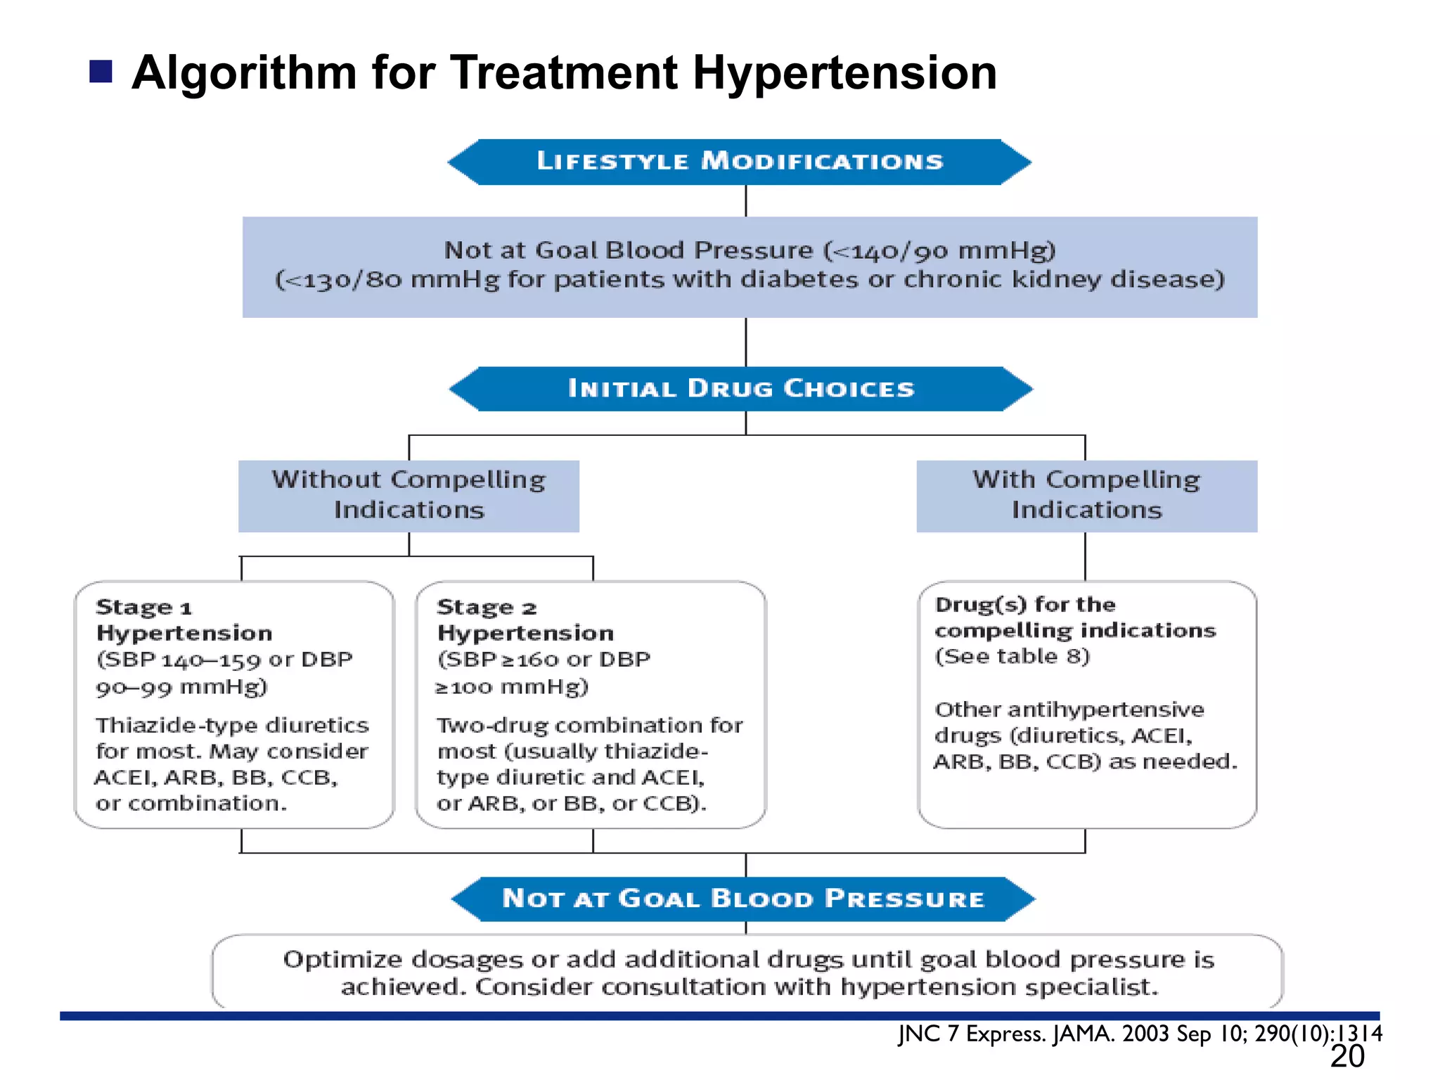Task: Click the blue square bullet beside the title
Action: [101, 72]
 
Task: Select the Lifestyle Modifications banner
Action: [740, 162]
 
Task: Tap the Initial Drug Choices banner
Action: [741, 389]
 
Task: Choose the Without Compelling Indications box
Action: [409, 495]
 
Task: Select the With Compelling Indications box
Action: [1086, 495]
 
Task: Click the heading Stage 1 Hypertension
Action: [184, 619]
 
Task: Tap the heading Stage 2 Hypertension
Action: [525, 619]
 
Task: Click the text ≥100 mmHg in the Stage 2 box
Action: [512, 687]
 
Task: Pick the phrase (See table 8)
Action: [1012, 657]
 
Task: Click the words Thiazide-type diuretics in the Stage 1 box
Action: [232, 725]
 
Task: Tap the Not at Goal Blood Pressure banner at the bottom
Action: [742, 899]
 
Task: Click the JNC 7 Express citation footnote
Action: [1139, 1034]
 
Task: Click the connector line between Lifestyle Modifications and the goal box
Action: [745, 201]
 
